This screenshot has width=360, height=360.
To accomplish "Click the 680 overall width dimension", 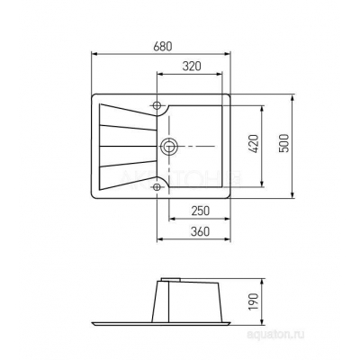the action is click(163, 47).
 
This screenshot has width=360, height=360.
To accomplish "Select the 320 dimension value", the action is click(192, 66).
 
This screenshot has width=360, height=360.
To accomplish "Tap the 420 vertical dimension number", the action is click(254, 144).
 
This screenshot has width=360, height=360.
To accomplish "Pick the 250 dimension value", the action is click(201, 211).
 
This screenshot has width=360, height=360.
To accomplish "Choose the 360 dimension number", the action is click(201, 231).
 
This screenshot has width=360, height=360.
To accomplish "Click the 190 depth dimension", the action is click(254, 301).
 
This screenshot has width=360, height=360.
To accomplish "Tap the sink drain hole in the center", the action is click(169, 147).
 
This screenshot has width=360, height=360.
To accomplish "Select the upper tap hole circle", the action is click(157, 105).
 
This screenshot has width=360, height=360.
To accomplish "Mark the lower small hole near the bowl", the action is click(157, 187).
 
